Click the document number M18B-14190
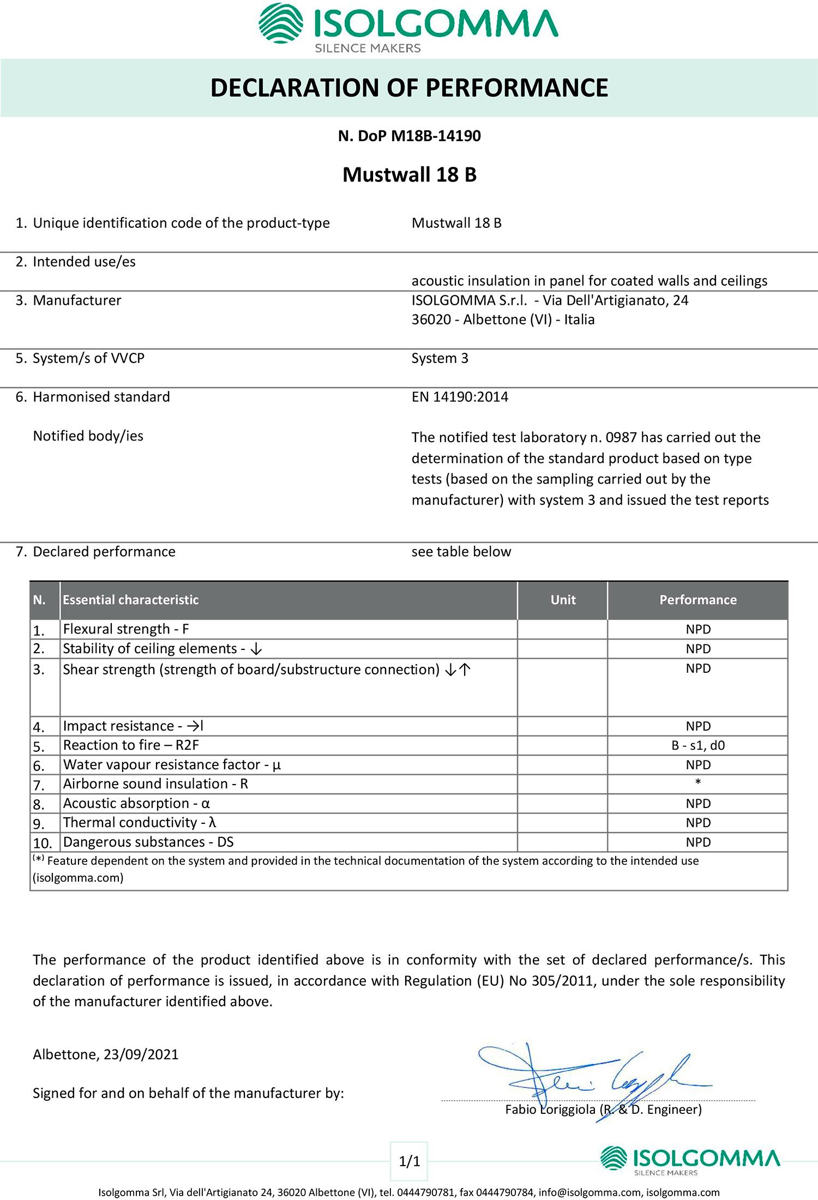(436, 136)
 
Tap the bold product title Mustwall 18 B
(409, 174)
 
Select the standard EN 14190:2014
(460, 397)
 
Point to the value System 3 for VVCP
(440, 358)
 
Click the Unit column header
(563, 600)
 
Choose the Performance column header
(697, 600)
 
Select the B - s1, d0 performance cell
(698, 745)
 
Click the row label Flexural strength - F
(126, 629)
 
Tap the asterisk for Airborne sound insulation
(698, 783)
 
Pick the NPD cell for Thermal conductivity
(698, 823)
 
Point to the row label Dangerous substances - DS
(148, 842)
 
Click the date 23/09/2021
(141, 1054)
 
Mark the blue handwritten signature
(589, 1077)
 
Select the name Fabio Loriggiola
(550, 1109)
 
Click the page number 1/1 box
(410, 1161)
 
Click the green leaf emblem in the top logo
(281, 23)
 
